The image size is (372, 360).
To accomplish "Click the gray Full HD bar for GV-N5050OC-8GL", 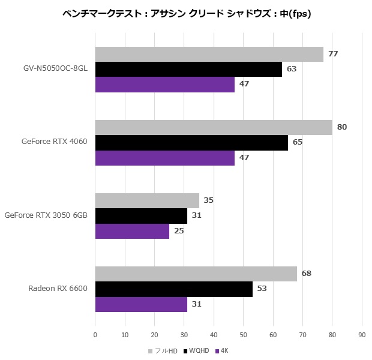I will pos(209,54).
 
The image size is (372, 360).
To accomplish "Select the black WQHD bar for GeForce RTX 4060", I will pos(191,142).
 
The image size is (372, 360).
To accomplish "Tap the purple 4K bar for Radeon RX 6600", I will pos(141,304).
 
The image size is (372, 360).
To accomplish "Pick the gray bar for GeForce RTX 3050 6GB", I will pos(147,200).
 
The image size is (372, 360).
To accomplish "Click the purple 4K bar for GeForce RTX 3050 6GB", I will pos(132,231).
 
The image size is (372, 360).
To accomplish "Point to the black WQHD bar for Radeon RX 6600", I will pos(173,289).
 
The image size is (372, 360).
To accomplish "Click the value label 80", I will pos(342,127).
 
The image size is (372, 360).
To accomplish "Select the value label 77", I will pos(333,54).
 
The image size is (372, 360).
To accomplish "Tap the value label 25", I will pos(179,231).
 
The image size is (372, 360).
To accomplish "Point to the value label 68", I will pos(307,274).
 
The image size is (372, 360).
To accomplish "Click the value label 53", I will pos(262,289).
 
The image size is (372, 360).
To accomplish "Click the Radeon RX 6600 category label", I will pos(58,289).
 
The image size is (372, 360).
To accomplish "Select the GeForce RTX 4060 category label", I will pos(54,142).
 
